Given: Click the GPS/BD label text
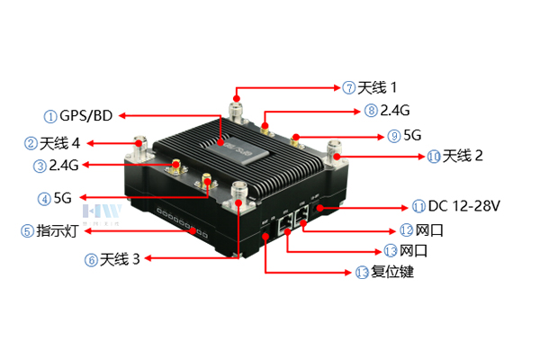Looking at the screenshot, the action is click(86, 116).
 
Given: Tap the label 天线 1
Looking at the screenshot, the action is click(377, 87).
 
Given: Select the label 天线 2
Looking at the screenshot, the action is click(463, 156).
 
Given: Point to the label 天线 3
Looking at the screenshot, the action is click(120, 259).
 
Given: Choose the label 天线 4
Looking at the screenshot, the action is click(60, 143).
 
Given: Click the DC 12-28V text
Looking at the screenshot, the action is click(463, 206).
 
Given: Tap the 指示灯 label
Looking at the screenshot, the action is click(58, 230).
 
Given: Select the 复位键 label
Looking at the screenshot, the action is click(392, 272).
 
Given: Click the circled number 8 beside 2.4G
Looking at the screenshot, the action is click(371, 111).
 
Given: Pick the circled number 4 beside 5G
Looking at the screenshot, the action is click(44, 199).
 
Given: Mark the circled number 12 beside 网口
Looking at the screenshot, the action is click(407, 230).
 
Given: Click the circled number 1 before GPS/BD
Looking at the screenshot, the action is click(50, 116).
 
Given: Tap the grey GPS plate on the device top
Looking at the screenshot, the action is click(238, 150).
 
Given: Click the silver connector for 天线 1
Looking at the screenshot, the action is click(238, 110).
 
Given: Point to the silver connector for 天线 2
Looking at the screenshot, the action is click(335, 152).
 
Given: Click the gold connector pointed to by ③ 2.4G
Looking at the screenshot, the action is click(176, 166).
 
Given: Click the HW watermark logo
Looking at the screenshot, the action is click(103, 211).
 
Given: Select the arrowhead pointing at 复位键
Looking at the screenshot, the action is click(347, 273).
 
